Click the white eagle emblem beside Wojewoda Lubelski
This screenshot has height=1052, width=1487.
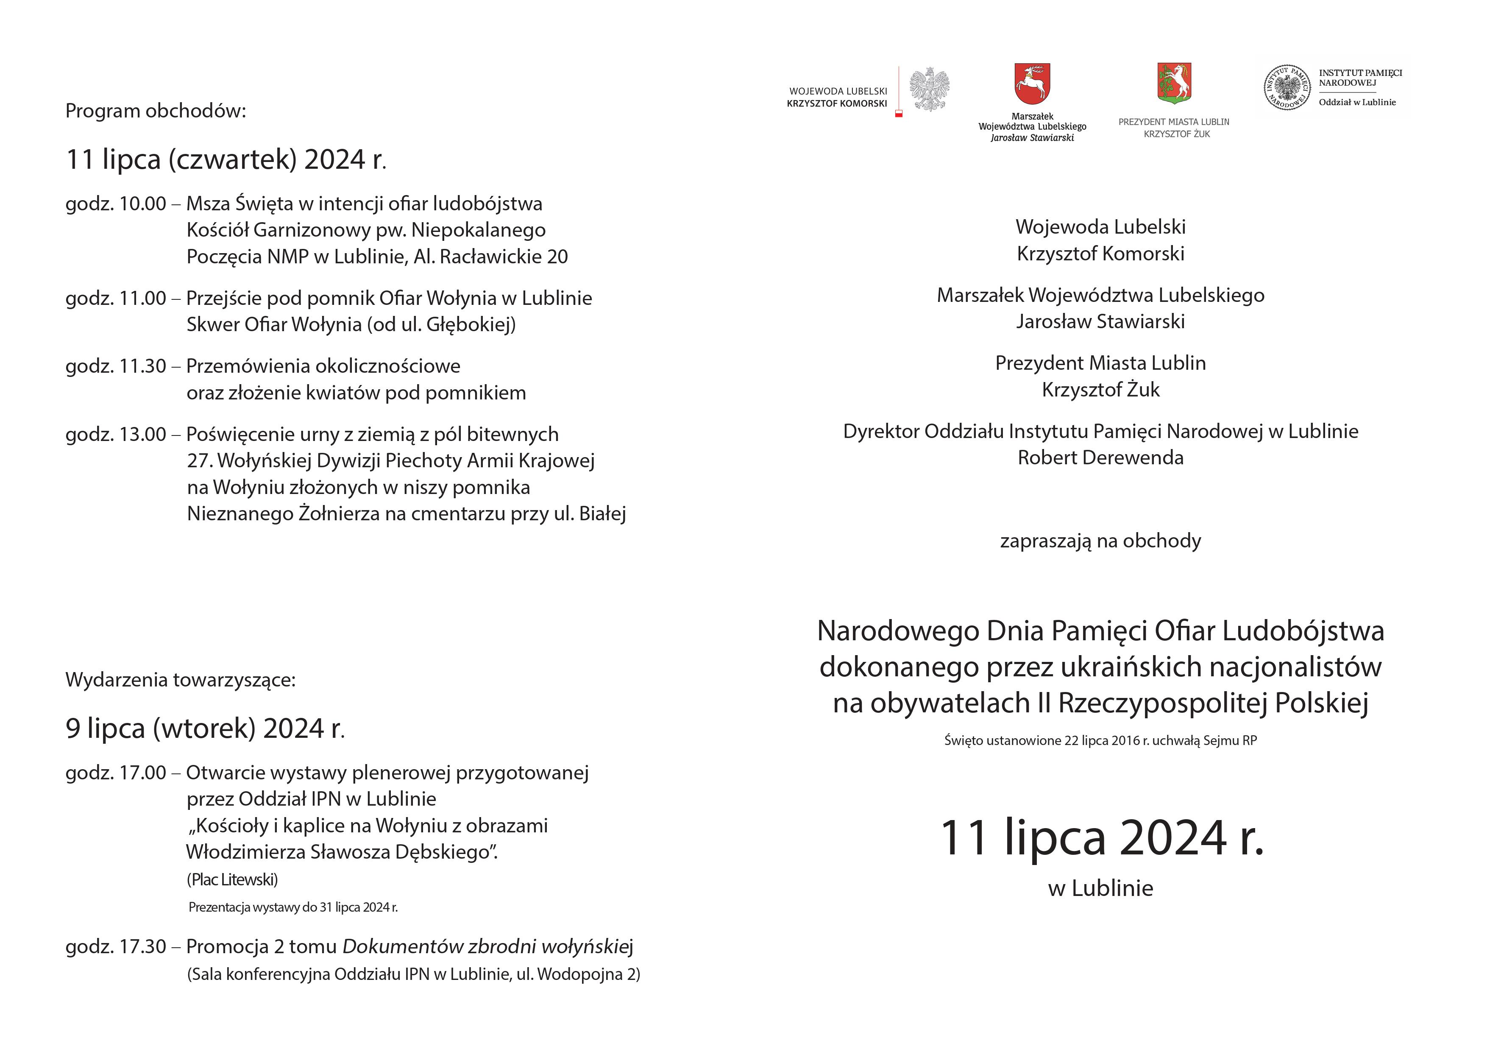click(929, 89)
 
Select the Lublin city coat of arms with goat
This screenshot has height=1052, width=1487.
click(1174, 83)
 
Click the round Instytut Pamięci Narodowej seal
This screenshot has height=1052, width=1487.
click(1287, 87)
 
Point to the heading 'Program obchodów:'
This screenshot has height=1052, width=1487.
click(156, 111)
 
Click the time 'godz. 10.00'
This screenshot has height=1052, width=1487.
click(116, 204)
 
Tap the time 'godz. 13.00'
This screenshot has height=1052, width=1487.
click(116, 434)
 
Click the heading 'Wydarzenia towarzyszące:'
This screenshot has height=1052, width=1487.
click(180, 680)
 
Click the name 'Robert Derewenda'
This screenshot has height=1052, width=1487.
click(1100, 458)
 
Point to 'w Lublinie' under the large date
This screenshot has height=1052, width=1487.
click(1100, 887)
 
